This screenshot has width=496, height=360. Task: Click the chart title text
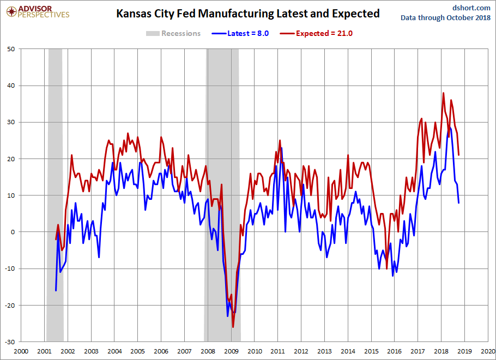(248, 14)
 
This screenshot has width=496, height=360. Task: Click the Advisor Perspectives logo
(38, 11)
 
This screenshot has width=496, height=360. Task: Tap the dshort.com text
(471, 7)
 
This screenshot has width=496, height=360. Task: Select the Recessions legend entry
(173, 33)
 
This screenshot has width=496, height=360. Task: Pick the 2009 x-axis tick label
(232, 351)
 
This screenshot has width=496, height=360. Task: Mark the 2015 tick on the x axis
(372, 351)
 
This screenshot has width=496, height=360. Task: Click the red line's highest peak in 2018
(443, 93)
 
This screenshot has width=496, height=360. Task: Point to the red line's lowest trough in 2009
(233, 327)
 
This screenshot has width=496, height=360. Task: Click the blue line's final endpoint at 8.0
(458, 203)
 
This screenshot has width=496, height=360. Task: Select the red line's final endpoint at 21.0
(458, 155)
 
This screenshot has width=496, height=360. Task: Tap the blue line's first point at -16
(56, 290)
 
